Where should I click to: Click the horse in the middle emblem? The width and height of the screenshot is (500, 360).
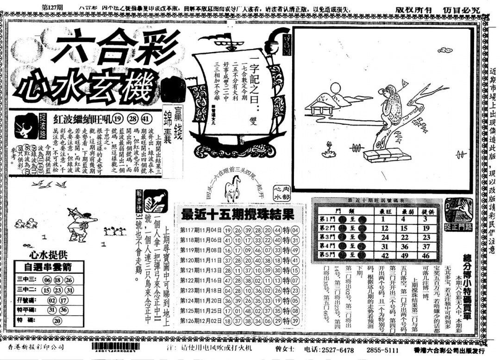(231, 190)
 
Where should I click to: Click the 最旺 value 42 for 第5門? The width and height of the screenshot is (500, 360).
(384, 255)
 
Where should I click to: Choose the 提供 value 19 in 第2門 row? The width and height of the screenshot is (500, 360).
(426, 228)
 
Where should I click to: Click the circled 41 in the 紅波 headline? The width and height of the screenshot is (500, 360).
(146, 118)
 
